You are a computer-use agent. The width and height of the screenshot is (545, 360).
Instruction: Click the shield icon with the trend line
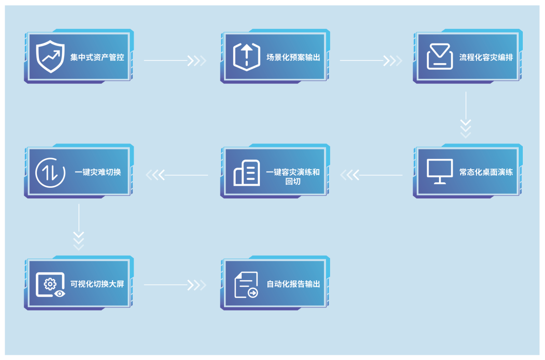(x=50, y=57)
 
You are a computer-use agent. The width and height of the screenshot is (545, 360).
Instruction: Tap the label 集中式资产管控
(x=97, y=57)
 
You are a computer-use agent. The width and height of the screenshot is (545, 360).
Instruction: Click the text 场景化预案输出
(x=294, y=57)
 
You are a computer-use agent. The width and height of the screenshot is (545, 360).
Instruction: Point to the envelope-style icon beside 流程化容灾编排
(x=439, y=57)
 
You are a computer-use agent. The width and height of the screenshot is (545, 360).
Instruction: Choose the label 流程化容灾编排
(x=486, y=57)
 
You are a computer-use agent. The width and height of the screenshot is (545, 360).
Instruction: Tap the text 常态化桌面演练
(x=486, y=172)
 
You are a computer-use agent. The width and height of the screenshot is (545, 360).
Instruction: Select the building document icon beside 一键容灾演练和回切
(x=247, y=172)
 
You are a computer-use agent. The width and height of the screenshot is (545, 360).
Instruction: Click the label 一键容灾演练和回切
(x=293, y=176)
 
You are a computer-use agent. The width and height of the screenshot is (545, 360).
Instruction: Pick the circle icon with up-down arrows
(x=50, y=172)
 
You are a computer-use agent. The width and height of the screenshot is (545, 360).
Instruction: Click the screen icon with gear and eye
(x=50, y=284)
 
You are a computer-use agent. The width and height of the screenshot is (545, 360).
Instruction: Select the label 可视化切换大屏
(x=97, y=284)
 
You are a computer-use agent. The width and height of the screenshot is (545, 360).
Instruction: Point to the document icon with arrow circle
(x=246, y=285)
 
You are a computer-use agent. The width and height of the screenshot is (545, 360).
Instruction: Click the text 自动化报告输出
(x=294, y=284)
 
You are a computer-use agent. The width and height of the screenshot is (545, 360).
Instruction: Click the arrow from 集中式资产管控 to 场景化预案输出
(x=175, y=61)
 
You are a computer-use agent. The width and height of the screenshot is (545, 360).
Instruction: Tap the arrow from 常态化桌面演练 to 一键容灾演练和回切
(x=371, y=175)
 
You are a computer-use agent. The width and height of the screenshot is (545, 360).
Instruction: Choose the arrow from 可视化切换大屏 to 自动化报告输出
(x=175, y=285)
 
